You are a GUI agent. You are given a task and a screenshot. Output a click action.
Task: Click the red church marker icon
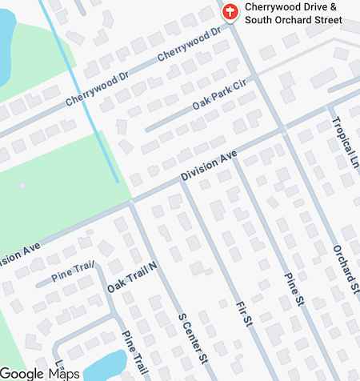(x=230, y=12)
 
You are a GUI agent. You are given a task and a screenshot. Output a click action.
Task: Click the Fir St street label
(x=245, y=315)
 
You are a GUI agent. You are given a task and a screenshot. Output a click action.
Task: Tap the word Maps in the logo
(x=64, y=373)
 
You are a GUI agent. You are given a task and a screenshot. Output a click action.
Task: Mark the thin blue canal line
(x=80, y=88)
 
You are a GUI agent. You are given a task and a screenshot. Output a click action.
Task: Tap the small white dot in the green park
(x=22, y=186)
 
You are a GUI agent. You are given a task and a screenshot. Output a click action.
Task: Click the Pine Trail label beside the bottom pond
(x=134, y=349)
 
